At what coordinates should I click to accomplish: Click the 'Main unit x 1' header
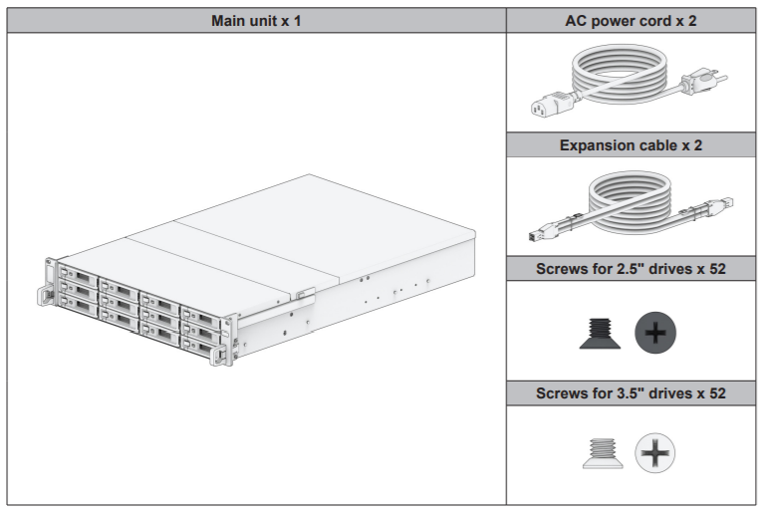click(x=257, y=21)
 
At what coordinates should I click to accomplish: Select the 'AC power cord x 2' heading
click(x=633, y=21)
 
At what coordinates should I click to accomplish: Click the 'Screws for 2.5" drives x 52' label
click(x=633, y=268)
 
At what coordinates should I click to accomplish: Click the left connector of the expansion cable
click(x=543, y=232)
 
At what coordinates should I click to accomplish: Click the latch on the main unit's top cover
click(x=303, y=294)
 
